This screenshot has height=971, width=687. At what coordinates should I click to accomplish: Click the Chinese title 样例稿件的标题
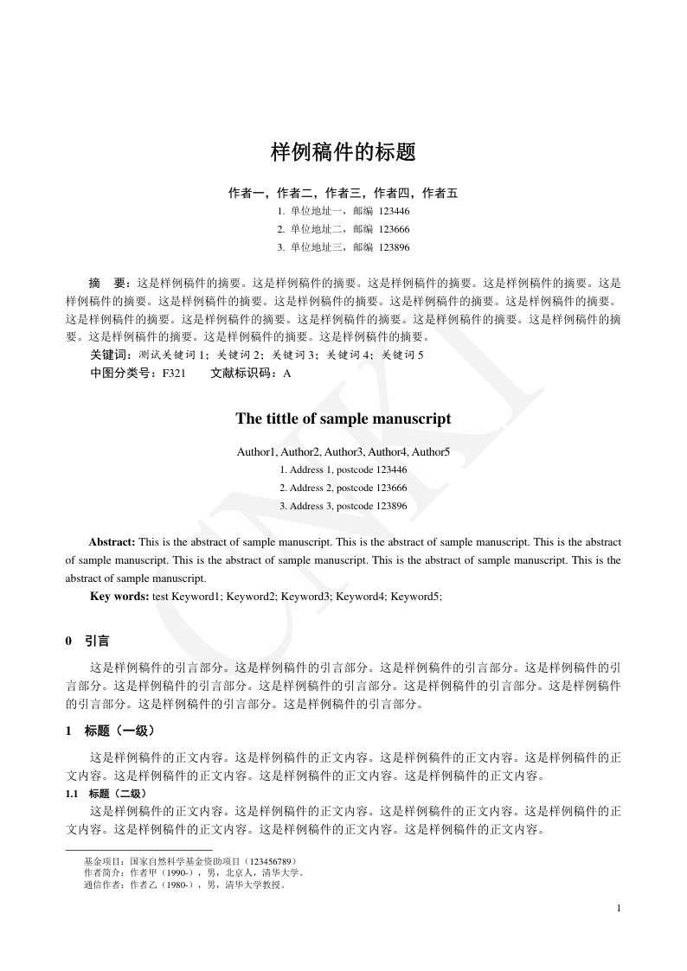(x=343, y=153)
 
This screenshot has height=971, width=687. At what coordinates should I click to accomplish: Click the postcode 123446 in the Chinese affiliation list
(x=395, y=210)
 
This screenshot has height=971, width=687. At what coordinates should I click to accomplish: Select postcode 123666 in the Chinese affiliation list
(x=395, y=229)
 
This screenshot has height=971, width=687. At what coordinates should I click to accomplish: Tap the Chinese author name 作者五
(x=440, y=193)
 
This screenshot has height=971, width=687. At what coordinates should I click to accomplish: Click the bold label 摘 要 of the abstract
(x=109, y=283)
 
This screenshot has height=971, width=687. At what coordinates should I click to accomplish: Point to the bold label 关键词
(x=110, y=355)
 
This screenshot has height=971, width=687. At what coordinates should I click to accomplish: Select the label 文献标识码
(x=240, y=374)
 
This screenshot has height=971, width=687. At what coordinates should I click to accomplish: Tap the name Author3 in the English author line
(x=344, y=451)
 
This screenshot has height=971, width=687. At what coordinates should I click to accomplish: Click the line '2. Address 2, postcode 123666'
(x=343, y=488)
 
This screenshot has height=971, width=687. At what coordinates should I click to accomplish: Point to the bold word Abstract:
(x=112, y=542)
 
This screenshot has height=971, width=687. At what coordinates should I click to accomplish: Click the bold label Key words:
(x=119, y=597)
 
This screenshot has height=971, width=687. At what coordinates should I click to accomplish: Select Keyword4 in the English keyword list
(x=360, y=597)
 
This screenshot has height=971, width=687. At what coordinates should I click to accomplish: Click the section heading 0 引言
(x=87, y=642)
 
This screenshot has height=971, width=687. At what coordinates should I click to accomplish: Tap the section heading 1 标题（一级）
(x=111, y=731)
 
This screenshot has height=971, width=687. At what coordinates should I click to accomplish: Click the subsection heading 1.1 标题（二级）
(x=107, y=793)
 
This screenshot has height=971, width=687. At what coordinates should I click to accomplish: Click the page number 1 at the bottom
(x=619, y=908)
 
